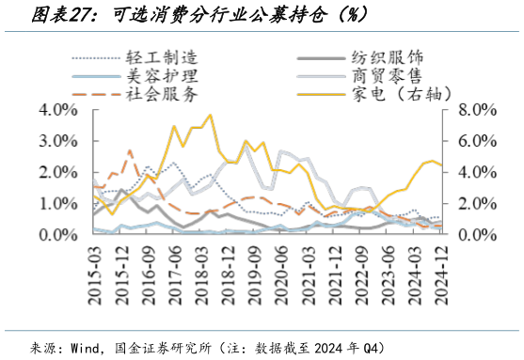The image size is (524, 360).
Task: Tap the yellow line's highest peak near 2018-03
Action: [209, 116]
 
